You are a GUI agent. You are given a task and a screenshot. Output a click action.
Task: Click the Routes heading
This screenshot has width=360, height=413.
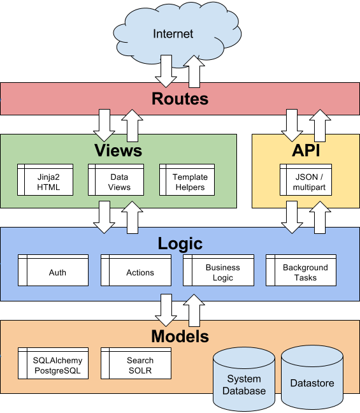click(x=180, y=99)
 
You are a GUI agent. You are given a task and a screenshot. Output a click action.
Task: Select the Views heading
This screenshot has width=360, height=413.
click(x=118, y=150)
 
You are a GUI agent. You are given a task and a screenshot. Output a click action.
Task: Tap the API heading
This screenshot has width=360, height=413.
click(x=305, y=150)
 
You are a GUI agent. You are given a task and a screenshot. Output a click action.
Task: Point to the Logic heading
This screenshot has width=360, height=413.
click(x=180, y=243)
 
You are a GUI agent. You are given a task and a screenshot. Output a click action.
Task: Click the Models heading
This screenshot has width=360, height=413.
click(x=180, y=336)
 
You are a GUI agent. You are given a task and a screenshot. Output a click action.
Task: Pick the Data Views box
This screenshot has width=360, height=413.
click(x=119, y=182)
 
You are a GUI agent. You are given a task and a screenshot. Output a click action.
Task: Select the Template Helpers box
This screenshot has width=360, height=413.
click(x=189, y=182)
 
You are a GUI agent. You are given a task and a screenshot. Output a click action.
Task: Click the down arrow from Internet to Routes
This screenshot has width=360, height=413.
click(x=166, y=70)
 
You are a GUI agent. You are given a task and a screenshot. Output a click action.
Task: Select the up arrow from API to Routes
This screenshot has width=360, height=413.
click(x=320, y=125)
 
